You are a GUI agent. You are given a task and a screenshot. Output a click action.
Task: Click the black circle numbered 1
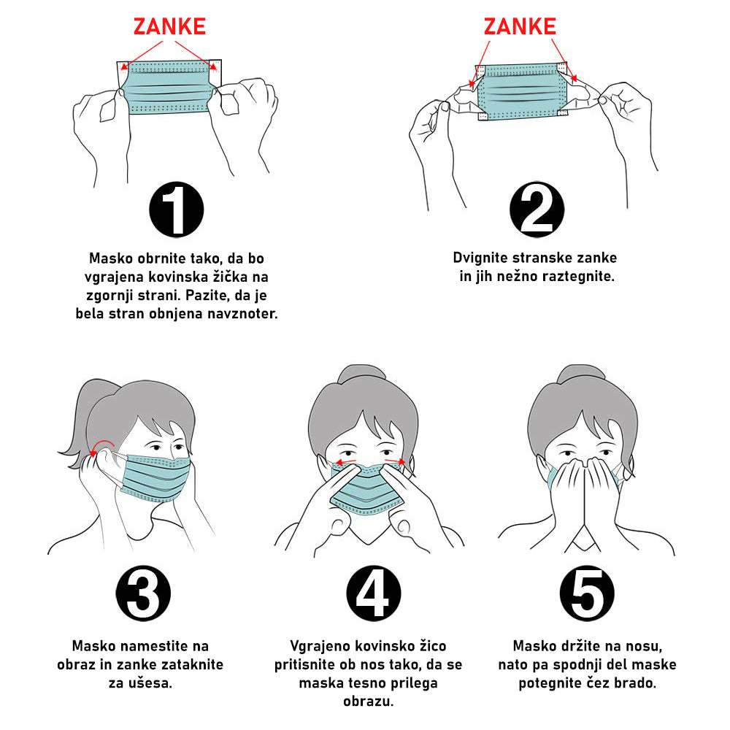tap(177, 210)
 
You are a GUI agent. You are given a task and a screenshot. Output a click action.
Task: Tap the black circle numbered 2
tap(537, 210)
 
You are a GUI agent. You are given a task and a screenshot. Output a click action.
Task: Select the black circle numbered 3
tap(143, 593)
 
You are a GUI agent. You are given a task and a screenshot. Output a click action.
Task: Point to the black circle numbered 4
tap(374, 593)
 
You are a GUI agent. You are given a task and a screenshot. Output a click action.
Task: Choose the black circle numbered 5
tap(587, 593)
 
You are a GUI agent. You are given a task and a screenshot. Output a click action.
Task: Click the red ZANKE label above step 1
tap(170, 26)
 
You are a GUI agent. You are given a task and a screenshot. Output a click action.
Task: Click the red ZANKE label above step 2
tap(520, 26)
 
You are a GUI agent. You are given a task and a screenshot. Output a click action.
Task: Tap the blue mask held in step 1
tap(169, 87)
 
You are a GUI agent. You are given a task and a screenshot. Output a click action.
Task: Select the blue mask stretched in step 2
tap(522, 92)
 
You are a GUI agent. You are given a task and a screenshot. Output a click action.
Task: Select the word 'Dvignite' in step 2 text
tap(480, 258)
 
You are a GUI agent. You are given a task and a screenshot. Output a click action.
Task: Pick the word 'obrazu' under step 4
tap(368, 701)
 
